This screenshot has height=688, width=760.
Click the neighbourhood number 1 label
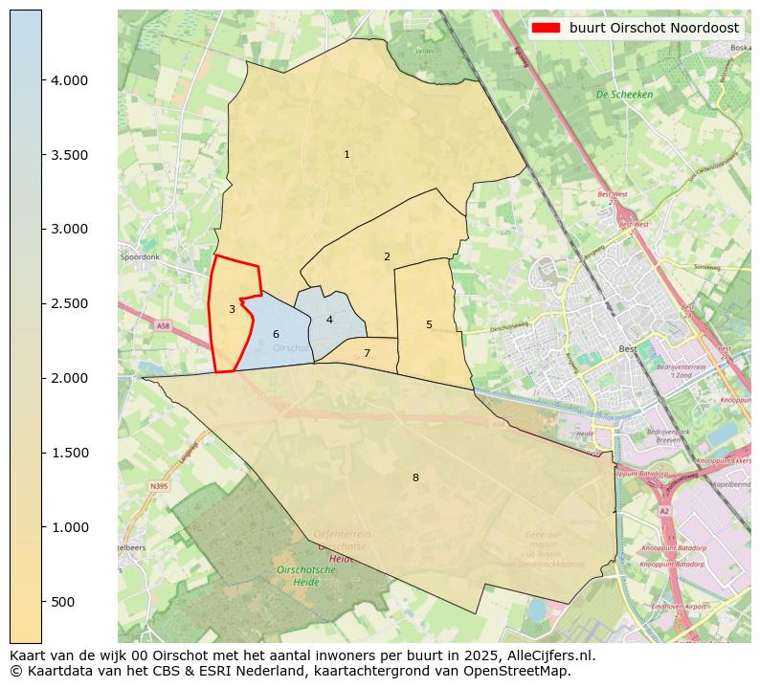[x=346, y=154]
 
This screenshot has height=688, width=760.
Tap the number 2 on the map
[x=387, y=256]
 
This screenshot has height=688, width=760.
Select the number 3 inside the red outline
[x=232, y=309]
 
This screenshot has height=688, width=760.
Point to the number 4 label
[x=329, y=320]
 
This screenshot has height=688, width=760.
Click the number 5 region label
[x=429, y=324]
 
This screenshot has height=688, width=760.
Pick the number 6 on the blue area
[x=276, y=334]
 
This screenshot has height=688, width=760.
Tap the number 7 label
[x=367, y=353]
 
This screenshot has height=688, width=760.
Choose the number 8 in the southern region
[x=415, y=477]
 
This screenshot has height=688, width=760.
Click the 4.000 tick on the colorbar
[x=69, y=80]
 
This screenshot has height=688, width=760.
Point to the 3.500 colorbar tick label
[x=69, y=155]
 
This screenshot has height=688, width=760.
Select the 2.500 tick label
[x=69, y=303]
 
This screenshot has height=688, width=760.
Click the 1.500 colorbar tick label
[x=69, y=453]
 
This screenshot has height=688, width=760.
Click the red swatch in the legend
[x=546, y=28]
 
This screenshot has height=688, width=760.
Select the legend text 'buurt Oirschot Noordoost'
[x=654, y=28]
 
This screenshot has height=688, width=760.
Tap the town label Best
[x=628, y=349]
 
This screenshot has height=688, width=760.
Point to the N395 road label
[x=158, y=486]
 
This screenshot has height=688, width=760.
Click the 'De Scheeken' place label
[x=624, y=95]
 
